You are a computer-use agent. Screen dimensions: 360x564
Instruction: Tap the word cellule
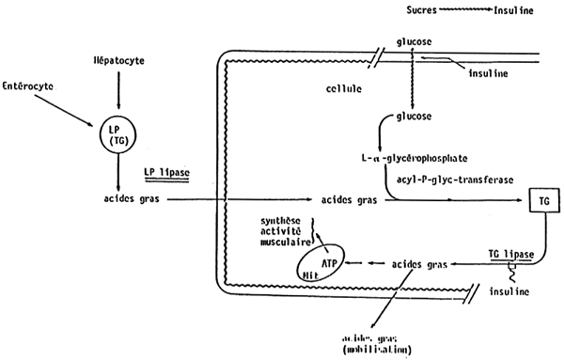[x=341, y=87]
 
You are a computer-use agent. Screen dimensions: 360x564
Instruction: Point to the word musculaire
[x=284, y=242]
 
